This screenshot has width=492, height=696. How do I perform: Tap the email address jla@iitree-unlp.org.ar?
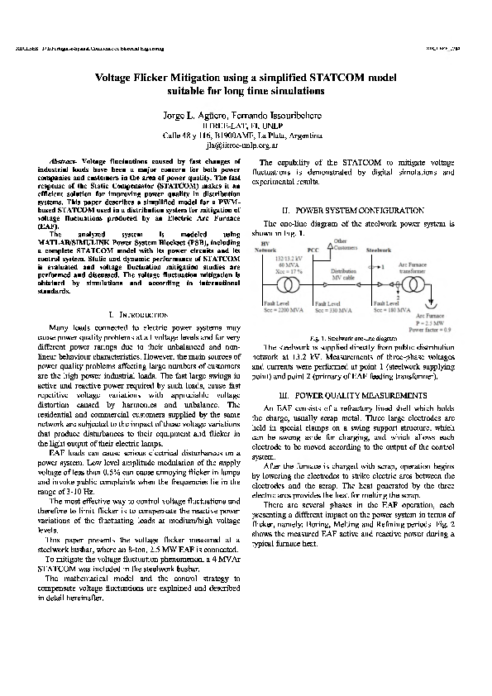[246, 142]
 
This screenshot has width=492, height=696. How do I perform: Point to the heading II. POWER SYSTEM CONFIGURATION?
[348, 212]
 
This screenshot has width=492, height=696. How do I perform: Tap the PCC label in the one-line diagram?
[312, 249]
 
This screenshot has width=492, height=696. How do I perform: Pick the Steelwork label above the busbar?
[379, 248]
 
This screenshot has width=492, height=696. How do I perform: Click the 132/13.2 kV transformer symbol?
[289, 285]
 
